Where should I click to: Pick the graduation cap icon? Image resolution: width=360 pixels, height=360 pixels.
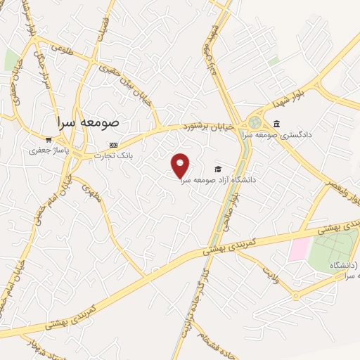click(x=218, y=169)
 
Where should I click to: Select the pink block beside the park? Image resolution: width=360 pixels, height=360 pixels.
click(x=298, y=249)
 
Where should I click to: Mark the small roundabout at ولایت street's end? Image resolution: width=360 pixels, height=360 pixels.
click(x=295, y=296)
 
